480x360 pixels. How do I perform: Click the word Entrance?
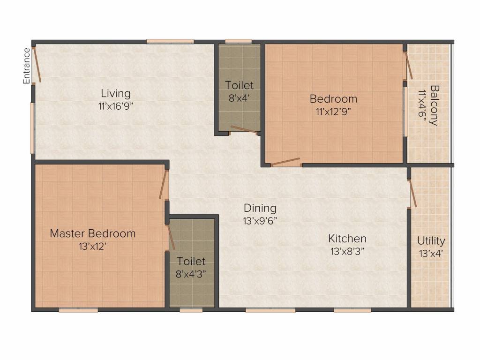pyautogui.click(x=27, y=66)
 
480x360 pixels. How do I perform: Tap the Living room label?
pyautogui.click(x=116, y=94)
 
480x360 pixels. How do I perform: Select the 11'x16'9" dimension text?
pyautogui.click(x=116, y=106)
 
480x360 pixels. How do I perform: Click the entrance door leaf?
pyautogui.click(x=37, y=65)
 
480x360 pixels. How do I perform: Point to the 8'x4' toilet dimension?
pyautogui.click(x=239, y=98)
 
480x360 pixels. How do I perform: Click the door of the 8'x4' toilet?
pyautogui.click(x=244, y=129)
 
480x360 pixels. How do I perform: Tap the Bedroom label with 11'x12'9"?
pyautogui.click(x=333, y=99)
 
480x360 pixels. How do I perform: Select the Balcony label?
pyautogui.click(x=435, y=105)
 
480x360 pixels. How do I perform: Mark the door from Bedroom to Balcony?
pyautogui.click(x=409, y=65)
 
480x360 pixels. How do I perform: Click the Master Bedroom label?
pyautogui.click(x=92, y=233)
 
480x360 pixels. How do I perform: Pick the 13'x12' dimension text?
pyautogui.click(x=92, y=246)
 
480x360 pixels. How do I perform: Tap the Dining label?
pyautogui.click(x=260, y=209)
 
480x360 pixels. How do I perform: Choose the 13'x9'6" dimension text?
pyautogui.click(x=260, y=221)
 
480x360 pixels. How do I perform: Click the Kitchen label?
pyautogui.click(x=347, y=239)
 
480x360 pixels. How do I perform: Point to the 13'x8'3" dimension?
pyautogui.click(x=347, y=251)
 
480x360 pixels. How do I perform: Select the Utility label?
pyautogui.click(x=431, y=241)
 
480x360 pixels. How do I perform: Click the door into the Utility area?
pyautogui.click(x=412, y=194)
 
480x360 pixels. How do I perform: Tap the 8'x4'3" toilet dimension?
pyautogui.click(x=191, y=274)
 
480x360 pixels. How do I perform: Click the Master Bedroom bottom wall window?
pyautogui.click(x=78, y=310)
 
